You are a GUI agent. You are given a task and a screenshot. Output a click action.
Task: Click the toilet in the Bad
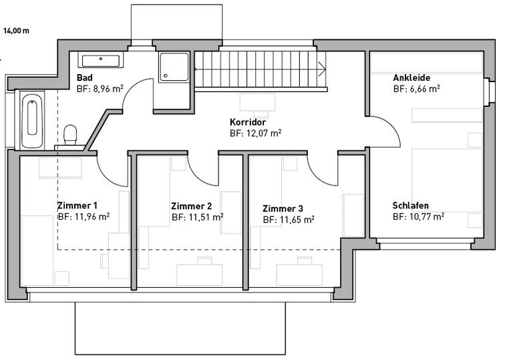click(x=70, y=135)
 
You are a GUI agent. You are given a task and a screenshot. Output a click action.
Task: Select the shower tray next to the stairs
click(x=174, y=67)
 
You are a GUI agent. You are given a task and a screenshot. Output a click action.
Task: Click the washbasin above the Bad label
click(x=101, y=61)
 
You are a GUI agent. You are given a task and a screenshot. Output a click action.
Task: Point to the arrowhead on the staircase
click(x=322, y=69)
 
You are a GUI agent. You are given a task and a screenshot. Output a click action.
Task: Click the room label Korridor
click(x=248, y=122)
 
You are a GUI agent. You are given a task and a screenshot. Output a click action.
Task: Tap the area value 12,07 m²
click(x=256, y=134)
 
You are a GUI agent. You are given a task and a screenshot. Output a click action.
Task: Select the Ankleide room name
click(x=411, y=78)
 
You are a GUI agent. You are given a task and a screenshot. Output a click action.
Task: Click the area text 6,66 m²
click(x=417, y=89)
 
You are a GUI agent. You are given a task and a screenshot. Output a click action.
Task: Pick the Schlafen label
click(x=411, y=206)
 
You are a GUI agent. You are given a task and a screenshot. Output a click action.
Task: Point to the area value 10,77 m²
click(x=418, y=216)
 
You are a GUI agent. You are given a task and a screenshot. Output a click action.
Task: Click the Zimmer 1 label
click(x=77, y=206)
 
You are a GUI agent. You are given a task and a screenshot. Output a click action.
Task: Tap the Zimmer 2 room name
click(x=192, y=206)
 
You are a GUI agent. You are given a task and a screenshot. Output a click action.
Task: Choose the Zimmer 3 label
click(x=283, y=208)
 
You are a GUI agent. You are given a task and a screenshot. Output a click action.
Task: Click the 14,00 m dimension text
click(x=16, y=31)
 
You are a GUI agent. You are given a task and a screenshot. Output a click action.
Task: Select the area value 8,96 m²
click(x=100, y=89)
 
